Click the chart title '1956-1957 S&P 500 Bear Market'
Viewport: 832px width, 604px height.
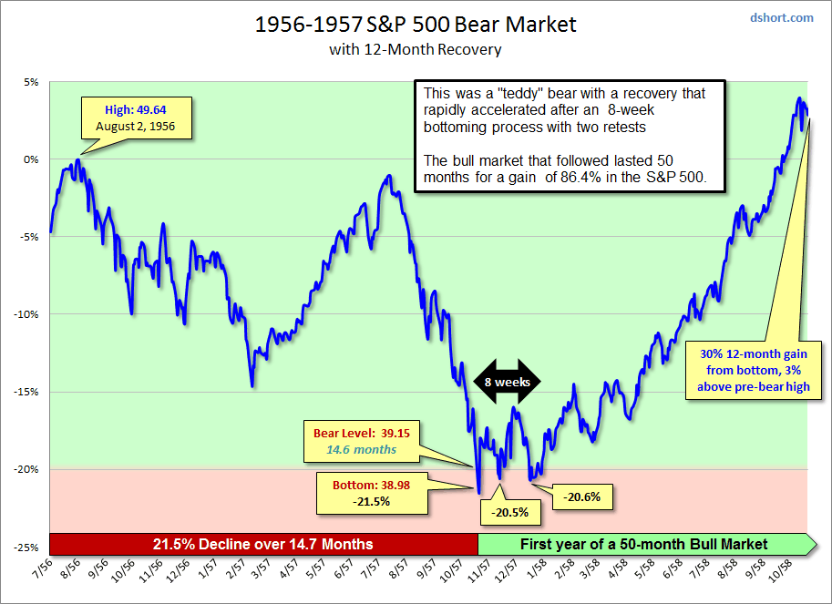tap(415, 25)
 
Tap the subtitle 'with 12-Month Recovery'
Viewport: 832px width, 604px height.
tap(415, 49)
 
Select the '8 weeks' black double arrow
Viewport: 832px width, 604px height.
tap(508, 383)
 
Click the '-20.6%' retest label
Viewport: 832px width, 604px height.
tap(587, 497)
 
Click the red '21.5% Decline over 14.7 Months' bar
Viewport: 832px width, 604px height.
tap(263, 544)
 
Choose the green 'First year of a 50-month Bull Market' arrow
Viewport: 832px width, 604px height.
tap(645, 544)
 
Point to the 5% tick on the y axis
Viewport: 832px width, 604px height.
tap(31, 82)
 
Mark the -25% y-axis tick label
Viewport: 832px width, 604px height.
tap(26, 548)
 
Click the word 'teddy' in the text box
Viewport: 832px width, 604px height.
tap(529, 93)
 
